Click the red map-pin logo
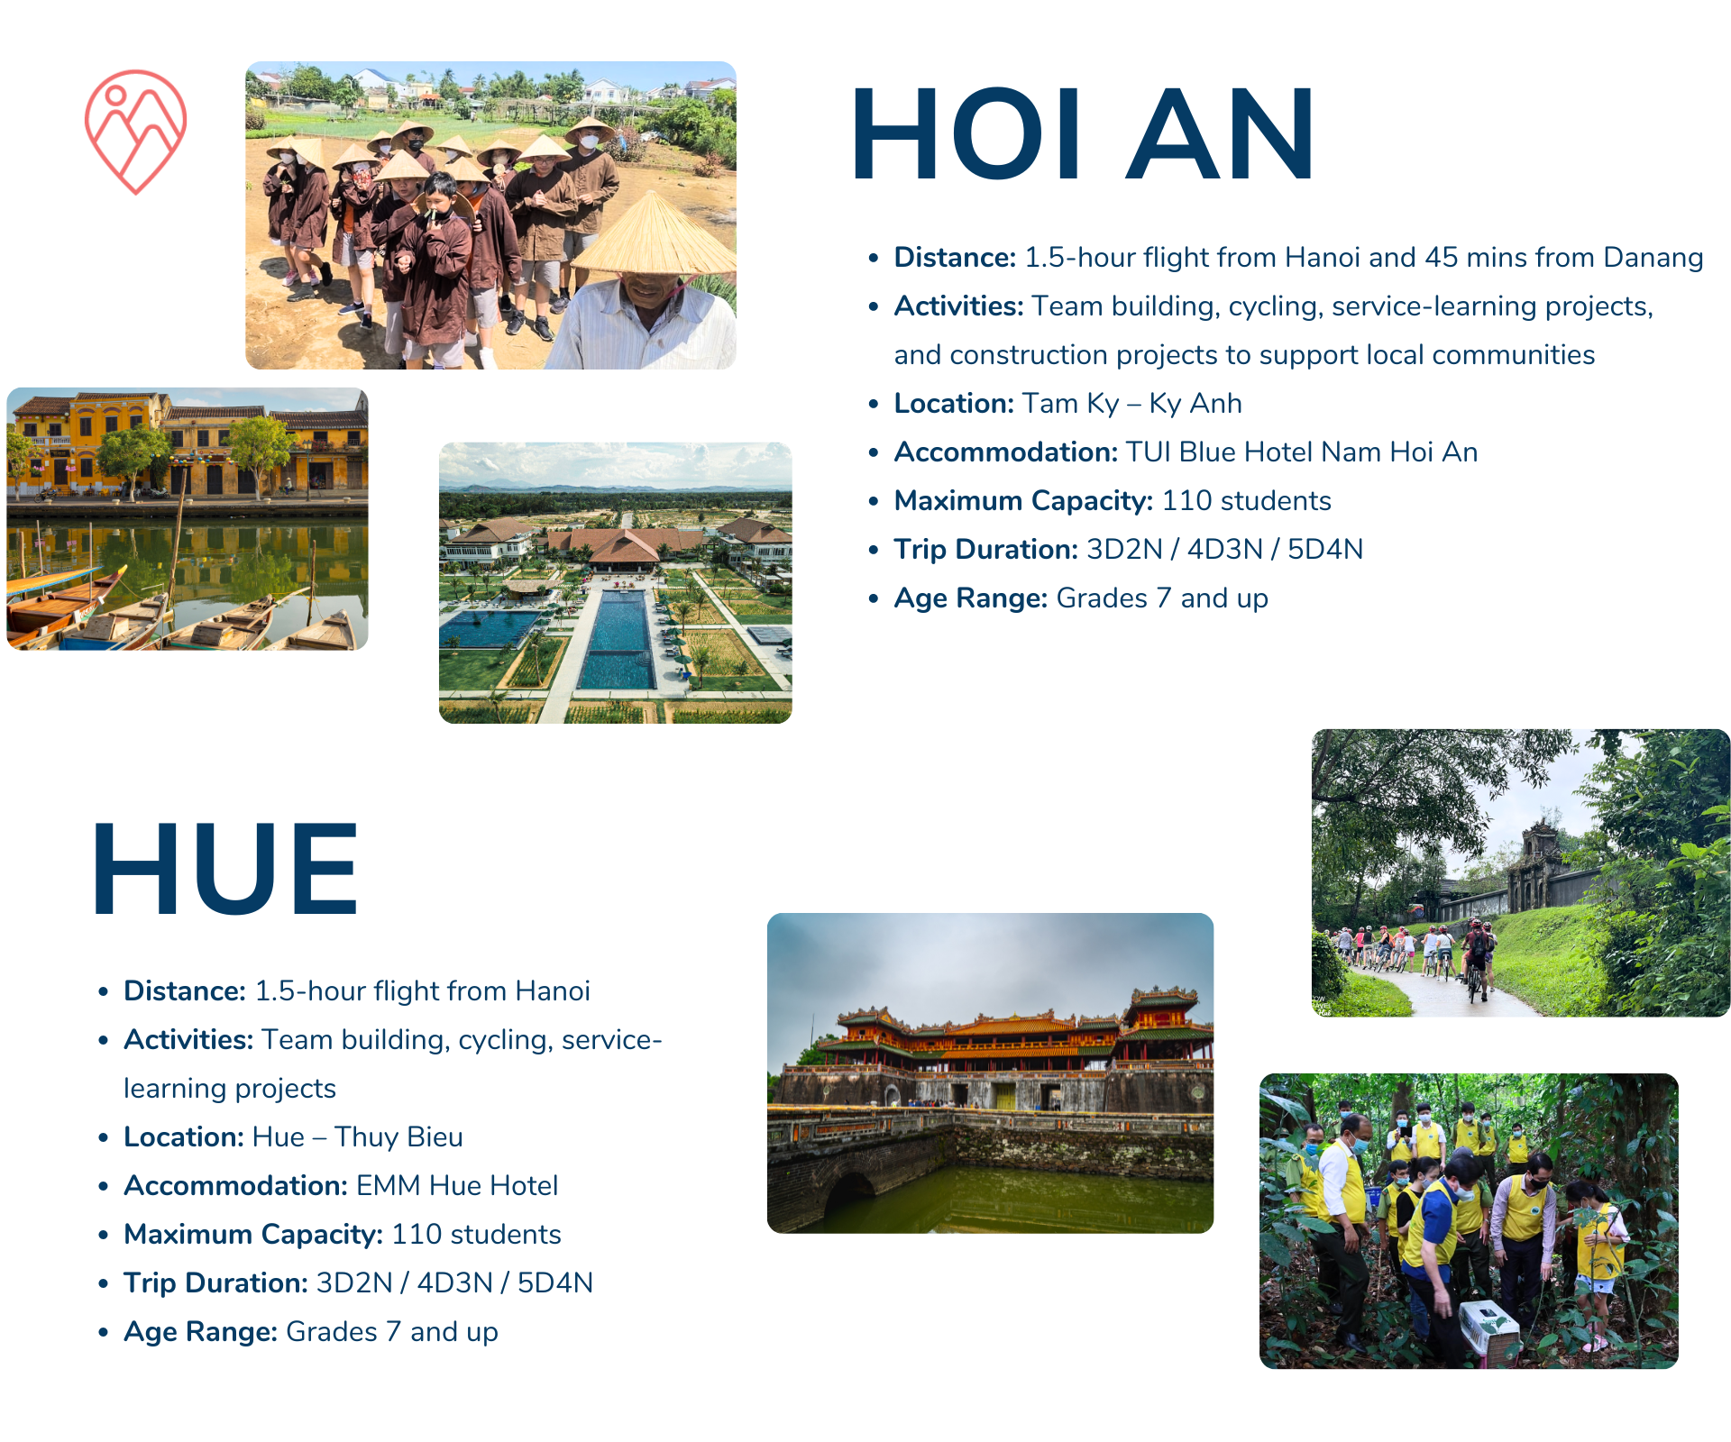(x=135, y=131)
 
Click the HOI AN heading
(x=1082, y=135)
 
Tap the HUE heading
(x=225, y=870)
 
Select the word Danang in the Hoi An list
(x=1653, y=258)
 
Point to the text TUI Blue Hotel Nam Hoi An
(x=1301, y=452)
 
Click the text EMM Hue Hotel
(x=457, y=1186)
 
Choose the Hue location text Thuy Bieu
(x=398, y=1137)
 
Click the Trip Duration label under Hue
(x=216, y=1283)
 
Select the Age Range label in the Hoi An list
(x=970, y=598)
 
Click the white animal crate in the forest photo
(x=1488, y=1325)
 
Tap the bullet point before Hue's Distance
(x=104, y=992)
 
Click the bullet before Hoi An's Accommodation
(x=874, y=453)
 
